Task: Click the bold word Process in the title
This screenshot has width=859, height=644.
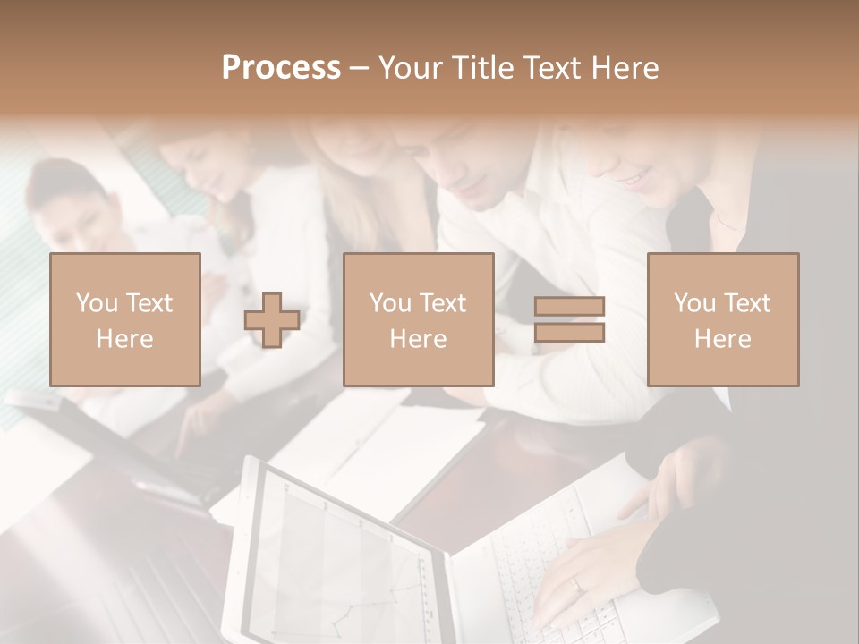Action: coord(281,68)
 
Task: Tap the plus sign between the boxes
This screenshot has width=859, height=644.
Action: coord(272,320)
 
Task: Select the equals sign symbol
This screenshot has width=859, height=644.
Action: coord(569,319)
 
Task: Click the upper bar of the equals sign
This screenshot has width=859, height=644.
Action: coord(569,307)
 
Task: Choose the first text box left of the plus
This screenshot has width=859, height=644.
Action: coord(124,319)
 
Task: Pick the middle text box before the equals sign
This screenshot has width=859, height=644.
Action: coord(418,319)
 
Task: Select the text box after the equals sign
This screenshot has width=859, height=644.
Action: coord(722,319)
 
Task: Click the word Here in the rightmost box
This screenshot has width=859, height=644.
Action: coord(722,338)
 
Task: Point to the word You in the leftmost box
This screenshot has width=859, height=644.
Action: coord(96,302)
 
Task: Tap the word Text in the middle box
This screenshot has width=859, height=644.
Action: coord(443,302)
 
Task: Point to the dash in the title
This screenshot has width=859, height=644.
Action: coord(360,68)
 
